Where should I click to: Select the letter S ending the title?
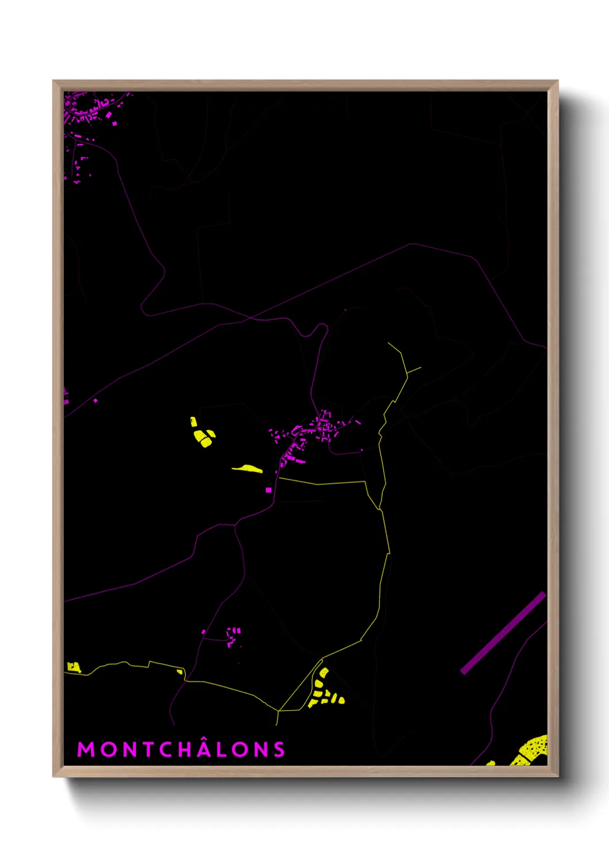tap(279, 750)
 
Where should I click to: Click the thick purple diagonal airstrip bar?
tap(503, 633)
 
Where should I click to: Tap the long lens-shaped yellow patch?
tap(248, 469)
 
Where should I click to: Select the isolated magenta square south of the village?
tap(268, 490)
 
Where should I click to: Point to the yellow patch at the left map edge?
tap(73, 667)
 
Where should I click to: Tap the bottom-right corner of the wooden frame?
tap(557, 775)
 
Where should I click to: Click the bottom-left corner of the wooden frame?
tap(54, 775)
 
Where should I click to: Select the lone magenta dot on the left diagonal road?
tap(96, 400)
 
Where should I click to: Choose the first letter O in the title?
tap(106, 750)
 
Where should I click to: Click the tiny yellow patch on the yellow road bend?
tap(180, 672)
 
